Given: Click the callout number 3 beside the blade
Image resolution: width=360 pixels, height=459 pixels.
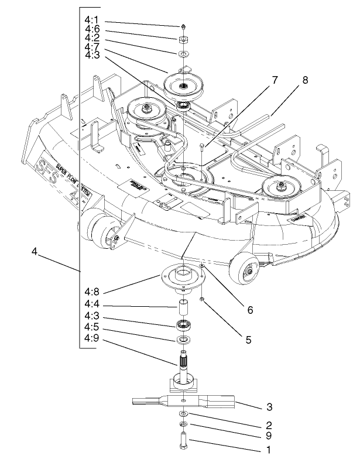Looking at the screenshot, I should [x=268, y=406].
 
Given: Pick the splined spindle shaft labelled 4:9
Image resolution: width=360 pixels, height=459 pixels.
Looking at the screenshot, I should [x=184, y=363].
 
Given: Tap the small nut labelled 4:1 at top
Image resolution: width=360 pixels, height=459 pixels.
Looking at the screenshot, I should [x=183, y=26].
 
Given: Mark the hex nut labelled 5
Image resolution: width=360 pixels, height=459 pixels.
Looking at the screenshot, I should [x=201, y=300].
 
